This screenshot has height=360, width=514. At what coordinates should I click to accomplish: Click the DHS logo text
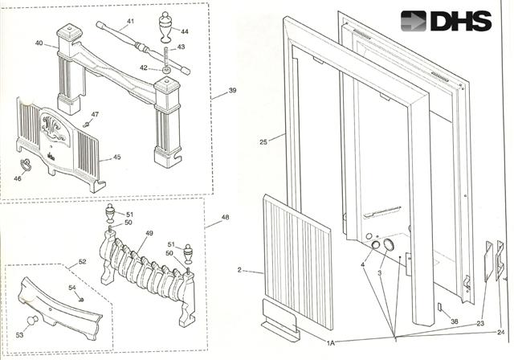pyautogui.click(x=459, y=21)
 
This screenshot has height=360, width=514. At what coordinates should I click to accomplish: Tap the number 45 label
pyautogui.click(x=116, y=157)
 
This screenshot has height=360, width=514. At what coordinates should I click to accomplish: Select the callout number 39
pyautogui.click(x=232, y=91)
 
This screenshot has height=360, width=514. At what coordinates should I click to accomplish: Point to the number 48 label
pyautogui.click(x=225, y=217)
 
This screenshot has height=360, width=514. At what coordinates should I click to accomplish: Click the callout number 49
pyautogui.click(x=149, y=234)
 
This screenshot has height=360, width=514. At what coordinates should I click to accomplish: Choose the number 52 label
pyautogui.click(x=81, y=263)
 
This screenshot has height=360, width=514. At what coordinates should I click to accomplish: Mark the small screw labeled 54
pyautogui.click(x=81, y=299)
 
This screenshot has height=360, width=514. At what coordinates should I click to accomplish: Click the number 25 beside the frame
pyautogui.click(x=263, y=142)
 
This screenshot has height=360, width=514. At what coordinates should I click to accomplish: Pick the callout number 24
pyautogui.click(x=500, y=332)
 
